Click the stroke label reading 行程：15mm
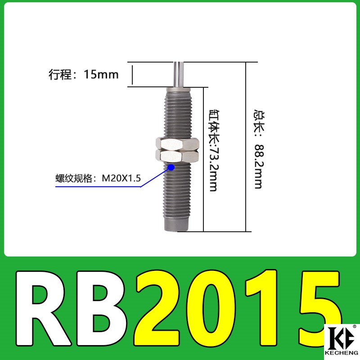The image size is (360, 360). (x=84, y=74)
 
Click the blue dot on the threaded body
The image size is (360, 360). (x=171, y=168)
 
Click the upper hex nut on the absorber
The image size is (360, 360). (x=177, y=144)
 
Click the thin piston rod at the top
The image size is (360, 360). (x=178, y=74)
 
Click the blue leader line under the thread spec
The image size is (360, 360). (x=99, y=187)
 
